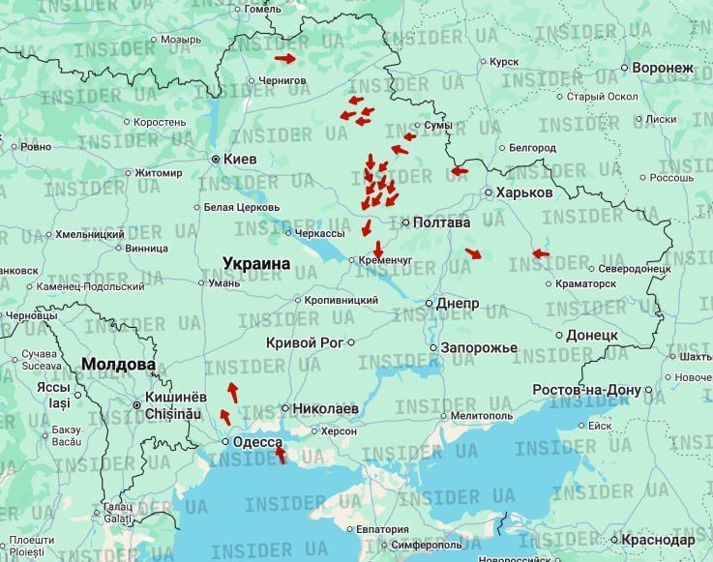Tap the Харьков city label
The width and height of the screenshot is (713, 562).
(523, 192)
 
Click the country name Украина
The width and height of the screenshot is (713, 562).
(256, 263)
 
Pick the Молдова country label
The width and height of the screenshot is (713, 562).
(118, 365)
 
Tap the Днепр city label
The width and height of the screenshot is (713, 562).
(458, 304)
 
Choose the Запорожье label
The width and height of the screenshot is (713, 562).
(479, 347)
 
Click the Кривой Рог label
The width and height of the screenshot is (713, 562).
(305, 342)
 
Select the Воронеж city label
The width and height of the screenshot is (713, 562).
(663, 68)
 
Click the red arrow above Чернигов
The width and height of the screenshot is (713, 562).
(286, 58)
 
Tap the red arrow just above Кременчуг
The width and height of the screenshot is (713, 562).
(378, 249)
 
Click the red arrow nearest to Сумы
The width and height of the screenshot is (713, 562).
(408, 136)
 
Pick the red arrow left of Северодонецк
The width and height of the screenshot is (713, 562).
(541, 254)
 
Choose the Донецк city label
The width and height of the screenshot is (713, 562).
(592, 335)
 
